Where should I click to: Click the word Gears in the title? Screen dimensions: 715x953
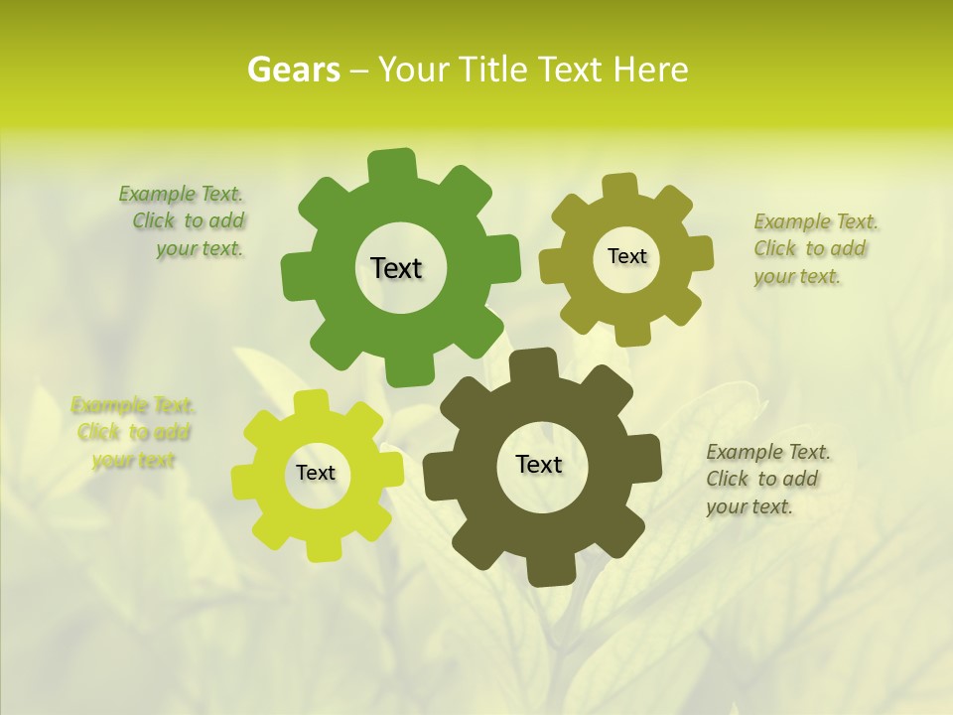(x=292, y=70)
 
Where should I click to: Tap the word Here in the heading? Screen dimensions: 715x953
(x=650, y=70)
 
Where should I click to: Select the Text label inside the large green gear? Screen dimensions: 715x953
(x=397, y=268)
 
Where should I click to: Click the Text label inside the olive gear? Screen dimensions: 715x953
(x=626, y=256)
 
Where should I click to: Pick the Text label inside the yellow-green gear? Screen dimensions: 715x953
(x=316, y=473)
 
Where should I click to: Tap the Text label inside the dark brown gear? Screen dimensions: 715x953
(x=539, y=464)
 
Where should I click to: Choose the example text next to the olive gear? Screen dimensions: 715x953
(x=814, y=248)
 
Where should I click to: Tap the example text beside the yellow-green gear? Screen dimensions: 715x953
(x=133, y=432)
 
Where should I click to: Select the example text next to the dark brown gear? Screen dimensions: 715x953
(x=767, y=479)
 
